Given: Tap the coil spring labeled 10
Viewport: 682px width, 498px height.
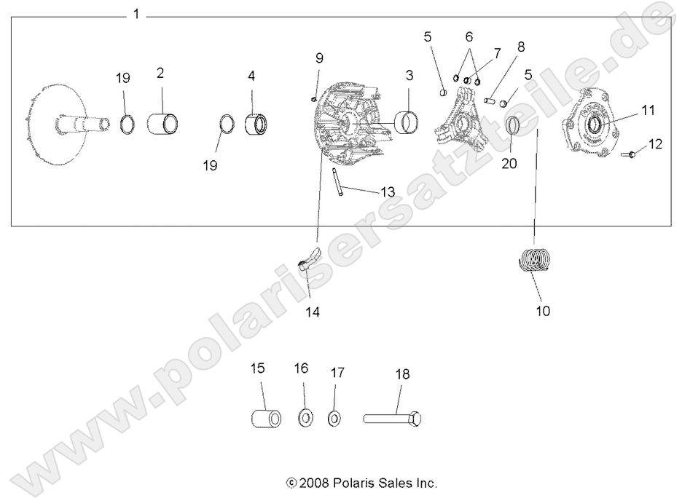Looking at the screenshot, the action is coord(537,261).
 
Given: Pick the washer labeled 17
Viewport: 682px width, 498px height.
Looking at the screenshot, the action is coord(334,419).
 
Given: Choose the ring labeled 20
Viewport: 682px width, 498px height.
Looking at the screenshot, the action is coord(513,125).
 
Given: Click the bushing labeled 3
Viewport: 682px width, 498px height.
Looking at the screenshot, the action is coord(407,119).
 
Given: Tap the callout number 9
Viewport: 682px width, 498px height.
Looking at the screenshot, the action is coord(318,58).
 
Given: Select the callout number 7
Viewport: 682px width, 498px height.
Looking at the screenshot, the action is coord(497,53).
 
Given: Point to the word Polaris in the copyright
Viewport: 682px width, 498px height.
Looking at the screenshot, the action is coord(354,482).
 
